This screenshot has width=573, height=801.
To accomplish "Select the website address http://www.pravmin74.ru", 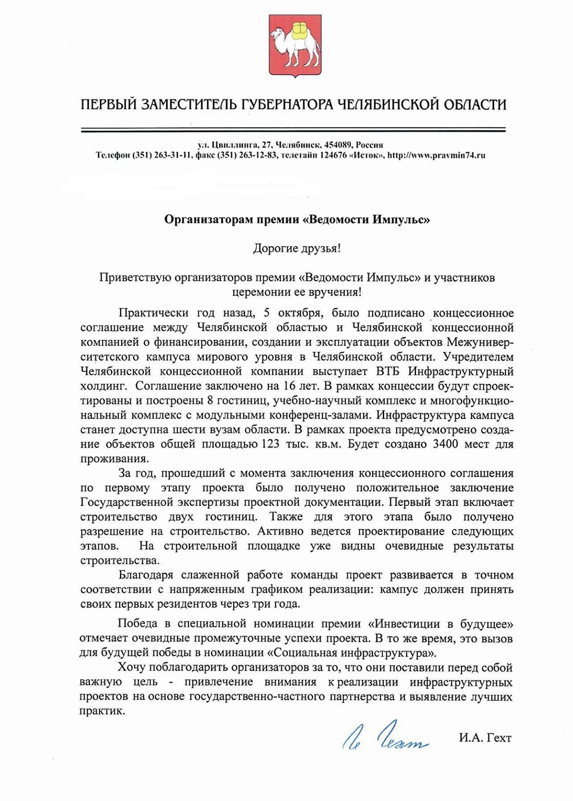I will (436, 155).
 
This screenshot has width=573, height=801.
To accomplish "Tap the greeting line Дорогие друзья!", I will (297, 249).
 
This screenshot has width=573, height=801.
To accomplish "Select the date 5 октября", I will (292, 313).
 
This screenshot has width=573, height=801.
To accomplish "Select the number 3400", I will (445, 444).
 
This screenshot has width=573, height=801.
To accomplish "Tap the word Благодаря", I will (146, 575).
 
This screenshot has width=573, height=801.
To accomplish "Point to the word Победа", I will (138, 623).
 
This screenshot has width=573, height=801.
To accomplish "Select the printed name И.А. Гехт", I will (485, 738).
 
